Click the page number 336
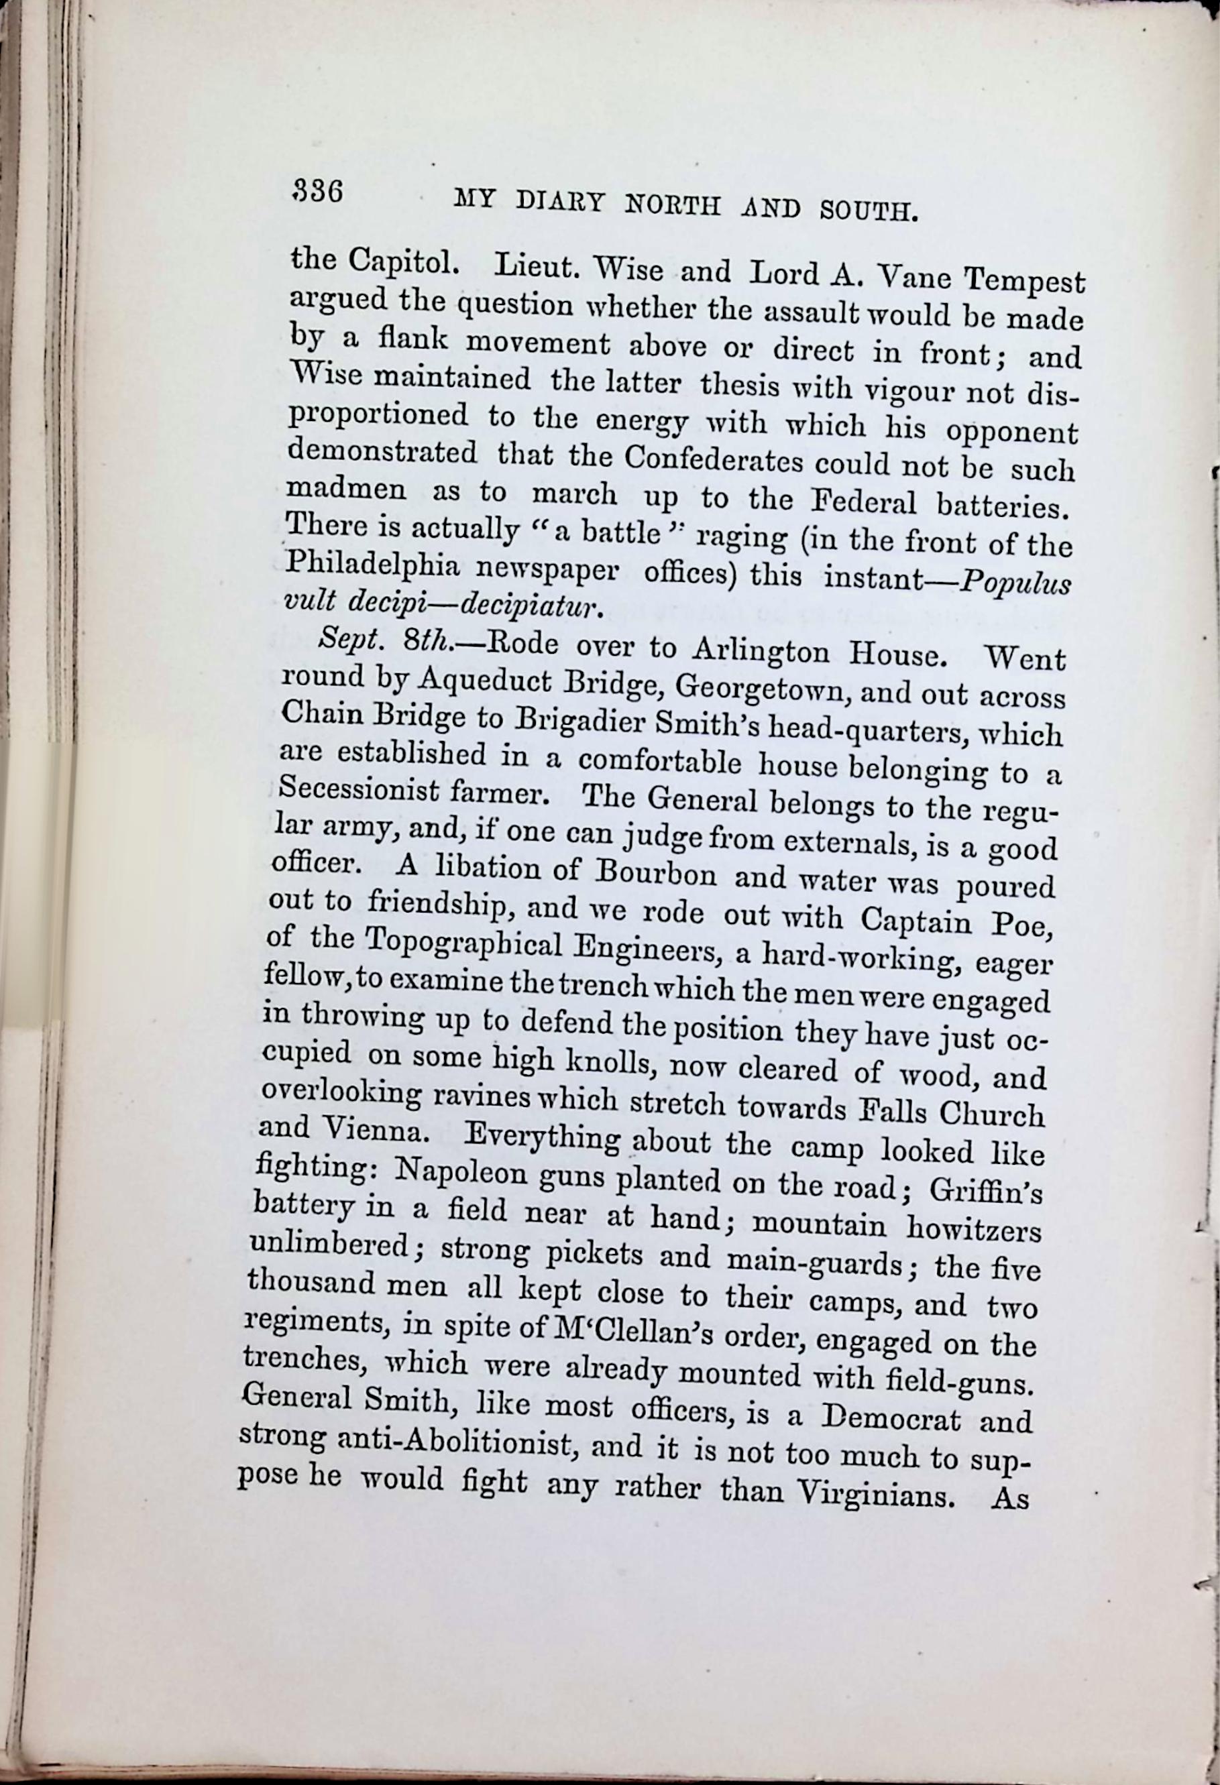(x=317, y=190)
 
